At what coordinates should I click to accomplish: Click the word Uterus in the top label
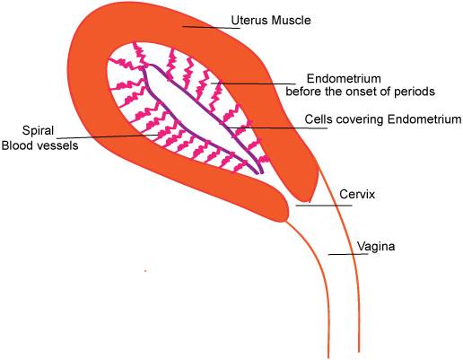[x=250, y=21]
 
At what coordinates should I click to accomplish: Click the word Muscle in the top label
[x=292, y=21]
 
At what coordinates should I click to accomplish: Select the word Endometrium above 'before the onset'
[x=344, y=79]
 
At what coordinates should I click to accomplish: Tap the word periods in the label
[x=415, y=92]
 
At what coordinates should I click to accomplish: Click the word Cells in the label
[x=319, y=119]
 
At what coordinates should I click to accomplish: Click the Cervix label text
[x=357, y=194]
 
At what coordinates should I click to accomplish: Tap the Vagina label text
[x=376, y=247]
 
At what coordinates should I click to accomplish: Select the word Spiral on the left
[x=38, y=131]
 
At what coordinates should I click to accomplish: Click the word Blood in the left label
[x=18, y=145]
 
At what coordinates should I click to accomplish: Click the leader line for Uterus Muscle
[x=212, y=28]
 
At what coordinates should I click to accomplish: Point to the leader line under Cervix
[x=324, y=206]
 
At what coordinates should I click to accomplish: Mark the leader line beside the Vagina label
[x=348, y=254]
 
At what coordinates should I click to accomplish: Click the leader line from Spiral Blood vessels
[x=108, y=136]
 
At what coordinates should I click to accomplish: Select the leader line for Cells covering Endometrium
[x=277, y=128]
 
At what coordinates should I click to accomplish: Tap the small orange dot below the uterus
[x=145, y=271]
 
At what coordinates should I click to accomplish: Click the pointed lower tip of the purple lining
[x=259, y=173]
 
